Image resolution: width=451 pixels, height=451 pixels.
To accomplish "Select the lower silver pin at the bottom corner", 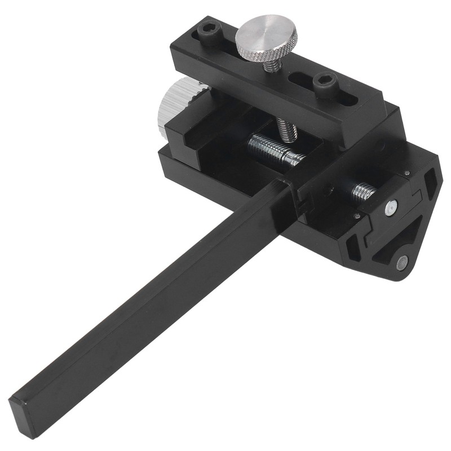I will [401, 261].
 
